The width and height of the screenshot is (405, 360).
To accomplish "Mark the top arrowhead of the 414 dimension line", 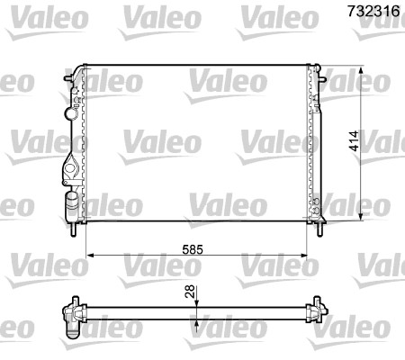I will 363,69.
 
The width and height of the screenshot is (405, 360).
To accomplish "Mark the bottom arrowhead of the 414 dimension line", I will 363,217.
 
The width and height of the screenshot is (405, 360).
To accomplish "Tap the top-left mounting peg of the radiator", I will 70,81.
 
